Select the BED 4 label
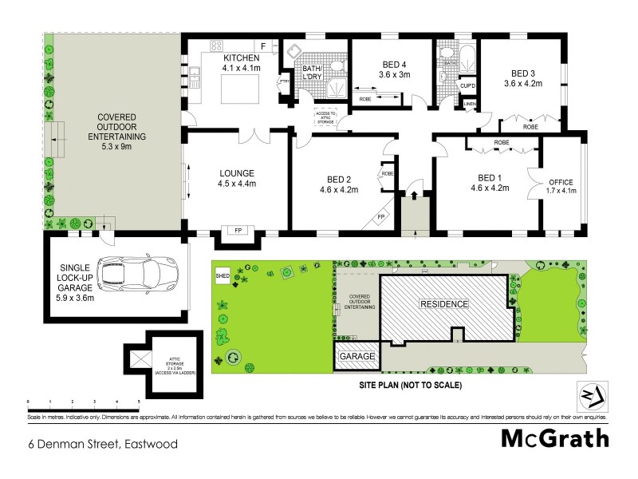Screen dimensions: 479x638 point(395,65)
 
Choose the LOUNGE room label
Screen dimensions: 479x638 point(238,173)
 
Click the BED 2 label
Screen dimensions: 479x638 point(339,179)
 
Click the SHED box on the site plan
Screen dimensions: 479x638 point(222,276)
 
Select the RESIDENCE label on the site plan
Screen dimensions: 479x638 point(445,304)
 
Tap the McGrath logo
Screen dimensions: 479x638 point(555,438)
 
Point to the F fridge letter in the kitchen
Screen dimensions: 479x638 point(262,46)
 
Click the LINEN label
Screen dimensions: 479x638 point(469,104)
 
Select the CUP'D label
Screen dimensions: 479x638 point(468,85)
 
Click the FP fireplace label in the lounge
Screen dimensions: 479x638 point(238,232)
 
